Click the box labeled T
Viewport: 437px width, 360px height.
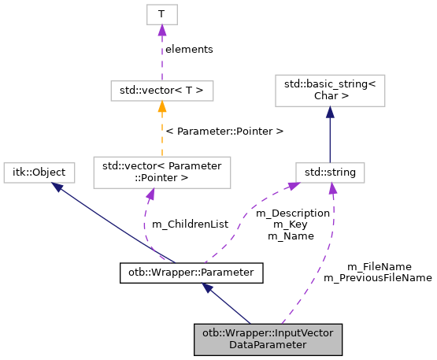click(x=161, y=15)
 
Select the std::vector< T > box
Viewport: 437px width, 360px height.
click(x=161, y=91)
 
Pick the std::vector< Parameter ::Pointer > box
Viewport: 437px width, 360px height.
click(x=161, y=172)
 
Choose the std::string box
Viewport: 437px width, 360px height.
click(x=329, y=171)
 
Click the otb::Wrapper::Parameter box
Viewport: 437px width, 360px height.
click(x=191, y=273)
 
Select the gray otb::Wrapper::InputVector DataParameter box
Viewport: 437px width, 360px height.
click(x=268, y=338)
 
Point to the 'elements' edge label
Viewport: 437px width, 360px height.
click(x=189, y=49)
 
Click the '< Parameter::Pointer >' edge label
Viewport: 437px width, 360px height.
click(x=224, y=130)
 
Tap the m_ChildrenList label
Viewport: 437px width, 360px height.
click(x=190, y=224)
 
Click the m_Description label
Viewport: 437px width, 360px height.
click(x=298, y=213)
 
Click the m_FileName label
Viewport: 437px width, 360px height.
click(x=379, y=266)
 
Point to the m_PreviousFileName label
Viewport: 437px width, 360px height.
click(x=377, y=277)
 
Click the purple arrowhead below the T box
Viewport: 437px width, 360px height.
click(x=161, y=31)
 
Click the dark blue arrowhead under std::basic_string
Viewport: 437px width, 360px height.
click(x=329, y=113)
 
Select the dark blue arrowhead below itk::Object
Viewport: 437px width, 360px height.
click(x=55, y=187)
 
